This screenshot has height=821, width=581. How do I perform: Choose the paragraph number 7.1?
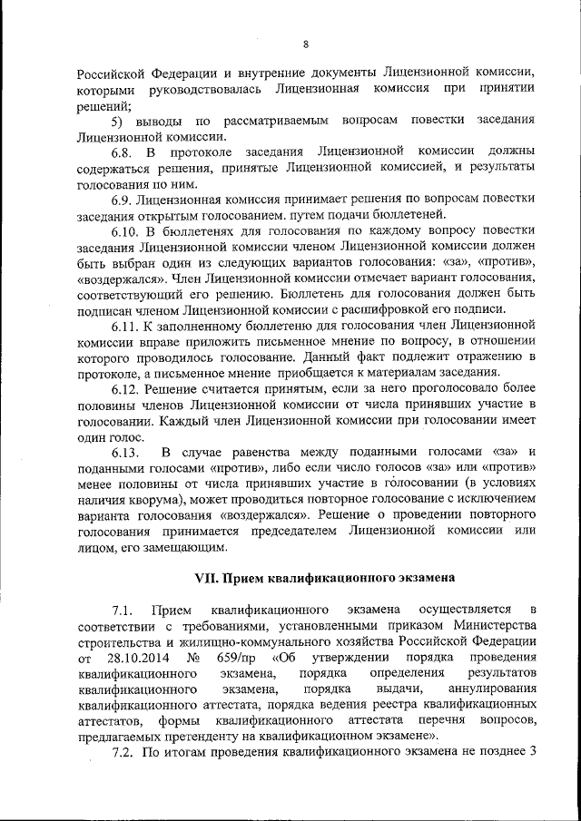tap(123, 607)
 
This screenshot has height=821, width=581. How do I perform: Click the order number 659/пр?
tap(242, 656)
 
